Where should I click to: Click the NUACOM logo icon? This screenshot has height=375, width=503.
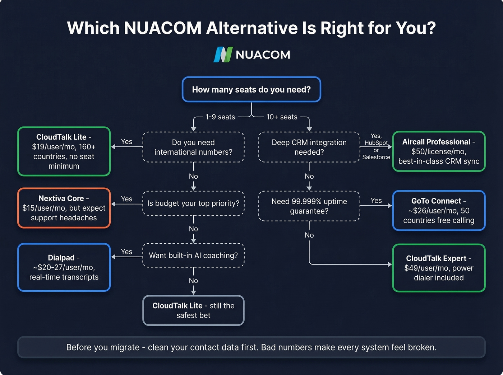click(x=223, y=55)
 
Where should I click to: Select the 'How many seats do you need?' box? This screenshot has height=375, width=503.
click(x=251, y=89)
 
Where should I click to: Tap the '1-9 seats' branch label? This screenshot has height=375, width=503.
click(x=220, y=117)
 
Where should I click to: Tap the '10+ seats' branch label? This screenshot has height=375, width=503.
click(x=282, y=117)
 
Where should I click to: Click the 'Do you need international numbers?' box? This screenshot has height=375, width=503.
click(x=193, y=147)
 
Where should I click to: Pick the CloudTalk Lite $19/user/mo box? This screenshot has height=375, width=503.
click(x=64, y=151)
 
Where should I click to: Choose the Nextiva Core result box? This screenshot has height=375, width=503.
click(x=64, y=208)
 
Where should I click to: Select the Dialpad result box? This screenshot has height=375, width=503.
click(x=64, y=267)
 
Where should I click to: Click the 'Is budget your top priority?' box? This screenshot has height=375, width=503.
click(x=193, y=203)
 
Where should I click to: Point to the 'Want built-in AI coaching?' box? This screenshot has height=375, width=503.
click(x=193, y=256)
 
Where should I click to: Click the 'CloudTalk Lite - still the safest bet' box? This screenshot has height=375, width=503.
click(x=193, y=310)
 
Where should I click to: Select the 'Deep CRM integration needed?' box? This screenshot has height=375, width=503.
click(x=309, y=147)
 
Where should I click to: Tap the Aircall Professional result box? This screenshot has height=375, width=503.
click(x=439, y=151)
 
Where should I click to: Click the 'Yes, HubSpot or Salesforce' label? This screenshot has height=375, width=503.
click(x=376, y=146)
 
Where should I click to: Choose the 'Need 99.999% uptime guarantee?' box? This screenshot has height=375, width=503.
click(x=309, y=206)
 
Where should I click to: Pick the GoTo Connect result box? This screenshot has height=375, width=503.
click(x=439, y=211)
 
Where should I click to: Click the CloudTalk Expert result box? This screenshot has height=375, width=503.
click(x=439, y=268)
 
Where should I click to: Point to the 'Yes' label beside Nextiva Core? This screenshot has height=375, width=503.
click(x=126, y=199)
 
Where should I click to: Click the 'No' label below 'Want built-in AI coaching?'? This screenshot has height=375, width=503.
click(x=193, y=281)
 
